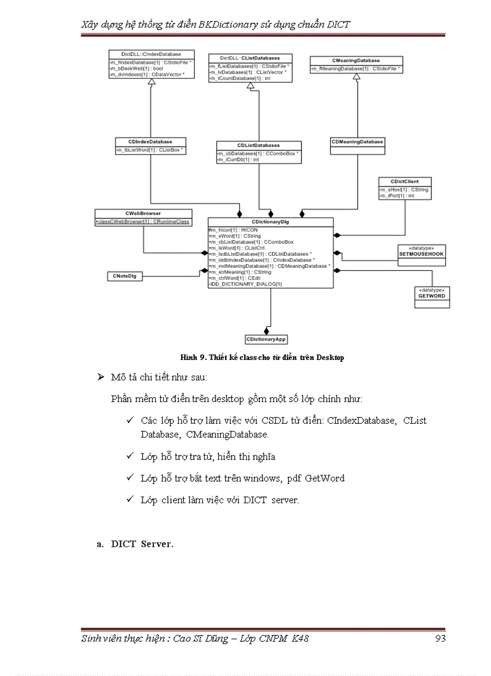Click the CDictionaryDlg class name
pyautogui.click(x=271, y=222)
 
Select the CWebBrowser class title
pyautogui.click(x=143, y=213)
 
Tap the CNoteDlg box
pyautogui.click(x=125, y=276)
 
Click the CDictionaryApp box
pyautogui.click(x=266, y=340)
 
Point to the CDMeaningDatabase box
pyautogui.click(x=357, y=142)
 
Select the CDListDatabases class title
pyautogui.click(x=258, y=145)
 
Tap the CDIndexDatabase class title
pyautogui.click(x=150, y=141)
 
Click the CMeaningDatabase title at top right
pyautogui.click(x=356, y=61)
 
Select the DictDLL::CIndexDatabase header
pyautogui.click(x=150, y=54)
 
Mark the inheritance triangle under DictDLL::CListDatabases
pyautogui.click(x=250, y=87)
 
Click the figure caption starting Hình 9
pyautogui.click(x=262, y=358)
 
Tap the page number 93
pyautogui.click(x=440, y=638)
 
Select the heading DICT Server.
pyautogui.click(x=142, y=544)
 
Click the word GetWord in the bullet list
pyautogui.click(x=324, y=478)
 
